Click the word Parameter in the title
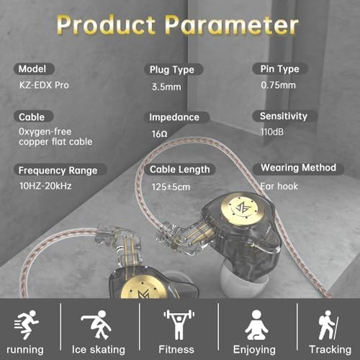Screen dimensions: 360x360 click(232, 25)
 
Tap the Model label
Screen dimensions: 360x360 click(32, 69)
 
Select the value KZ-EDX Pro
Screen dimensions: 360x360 click(44, 85)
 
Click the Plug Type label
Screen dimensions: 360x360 click(172, 70)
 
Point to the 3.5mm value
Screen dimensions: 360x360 click(166, 87)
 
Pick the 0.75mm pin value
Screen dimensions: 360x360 click(278, 85)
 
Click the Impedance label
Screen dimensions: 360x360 click(174, 117)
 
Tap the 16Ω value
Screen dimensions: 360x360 click(159, 134)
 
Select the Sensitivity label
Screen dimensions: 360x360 click(284, 116)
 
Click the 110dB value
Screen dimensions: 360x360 click(272, 132)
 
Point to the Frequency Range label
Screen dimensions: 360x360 click(58, 171)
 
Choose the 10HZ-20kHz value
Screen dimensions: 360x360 click(45, 186)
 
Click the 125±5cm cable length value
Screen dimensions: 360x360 click(171, 187)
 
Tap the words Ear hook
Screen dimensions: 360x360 click(279, 186)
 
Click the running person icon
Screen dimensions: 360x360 click(27, 325)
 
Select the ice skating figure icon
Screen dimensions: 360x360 click(96, 325)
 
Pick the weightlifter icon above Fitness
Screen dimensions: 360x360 click(179, 325)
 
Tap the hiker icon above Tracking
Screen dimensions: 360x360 click(328, 325)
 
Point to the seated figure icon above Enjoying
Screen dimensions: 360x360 click(256, 325)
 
